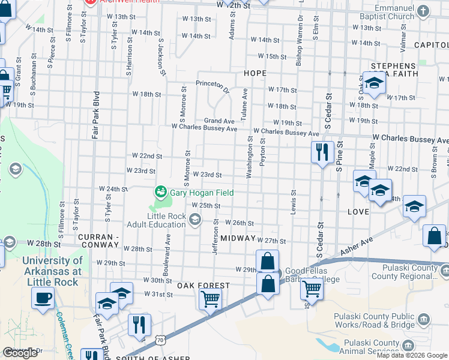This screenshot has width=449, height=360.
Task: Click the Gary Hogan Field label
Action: click(x=201, y=193)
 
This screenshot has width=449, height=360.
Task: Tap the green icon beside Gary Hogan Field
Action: click(x=160, y=192)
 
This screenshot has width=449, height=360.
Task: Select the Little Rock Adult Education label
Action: click(x=157, y=221)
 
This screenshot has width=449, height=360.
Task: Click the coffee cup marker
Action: click(x=43, y=298)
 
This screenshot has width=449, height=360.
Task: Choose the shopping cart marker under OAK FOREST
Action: click(x=210, y=298)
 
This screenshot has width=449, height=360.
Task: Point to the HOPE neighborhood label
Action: click(x=255, y=73)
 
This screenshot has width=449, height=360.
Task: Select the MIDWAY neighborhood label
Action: click(x=238, y=238)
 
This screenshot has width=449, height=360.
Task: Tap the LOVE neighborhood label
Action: click(x=358, y=212)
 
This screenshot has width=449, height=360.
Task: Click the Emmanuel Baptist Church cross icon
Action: click(x=423, y=11)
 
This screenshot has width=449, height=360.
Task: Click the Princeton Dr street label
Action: click(x=213, y=87)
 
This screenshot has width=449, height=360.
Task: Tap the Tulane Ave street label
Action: click(x=244, y=105)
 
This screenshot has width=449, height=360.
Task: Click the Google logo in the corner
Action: click(x=20, y=353)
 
